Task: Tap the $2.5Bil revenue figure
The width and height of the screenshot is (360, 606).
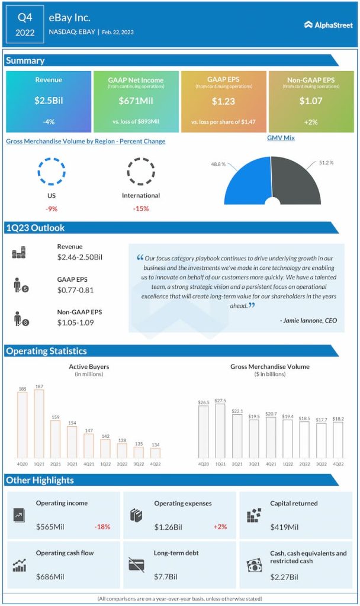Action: [x=49, y=101]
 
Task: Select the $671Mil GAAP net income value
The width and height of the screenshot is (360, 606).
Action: [x=136, y=101]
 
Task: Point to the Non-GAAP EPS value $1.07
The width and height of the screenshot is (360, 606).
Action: [x=311, y=101]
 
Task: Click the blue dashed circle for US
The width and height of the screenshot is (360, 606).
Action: [x=49, y=172]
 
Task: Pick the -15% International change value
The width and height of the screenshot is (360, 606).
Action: [x=141, y=208]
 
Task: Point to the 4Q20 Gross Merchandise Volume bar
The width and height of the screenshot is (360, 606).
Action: [x=204, y=432]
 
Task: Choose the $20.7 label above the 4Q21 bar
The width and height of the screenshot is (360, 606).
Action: [x=271, y=412]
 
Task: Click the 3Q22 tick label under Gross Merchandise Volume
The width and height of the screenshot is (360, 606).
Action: [x=322, y=465]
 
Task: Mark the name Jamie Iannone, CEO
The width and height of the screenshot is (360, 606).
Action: [x=308, y=320]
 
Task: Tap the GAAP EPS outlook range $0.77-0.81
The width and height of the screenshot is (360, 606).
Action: [x=75, y=290]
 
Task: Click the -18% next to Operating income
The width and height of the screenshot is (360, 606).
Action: [x=102, y=526]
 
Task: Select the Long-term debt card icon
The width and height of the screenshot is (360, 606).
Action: [x=136, y=565]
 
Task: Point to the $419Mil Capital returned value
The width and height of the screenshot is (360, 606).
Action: [x=285, y=526]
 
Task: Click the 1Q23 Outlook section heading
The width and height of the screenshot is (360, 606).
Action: [x=36, y=228]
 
